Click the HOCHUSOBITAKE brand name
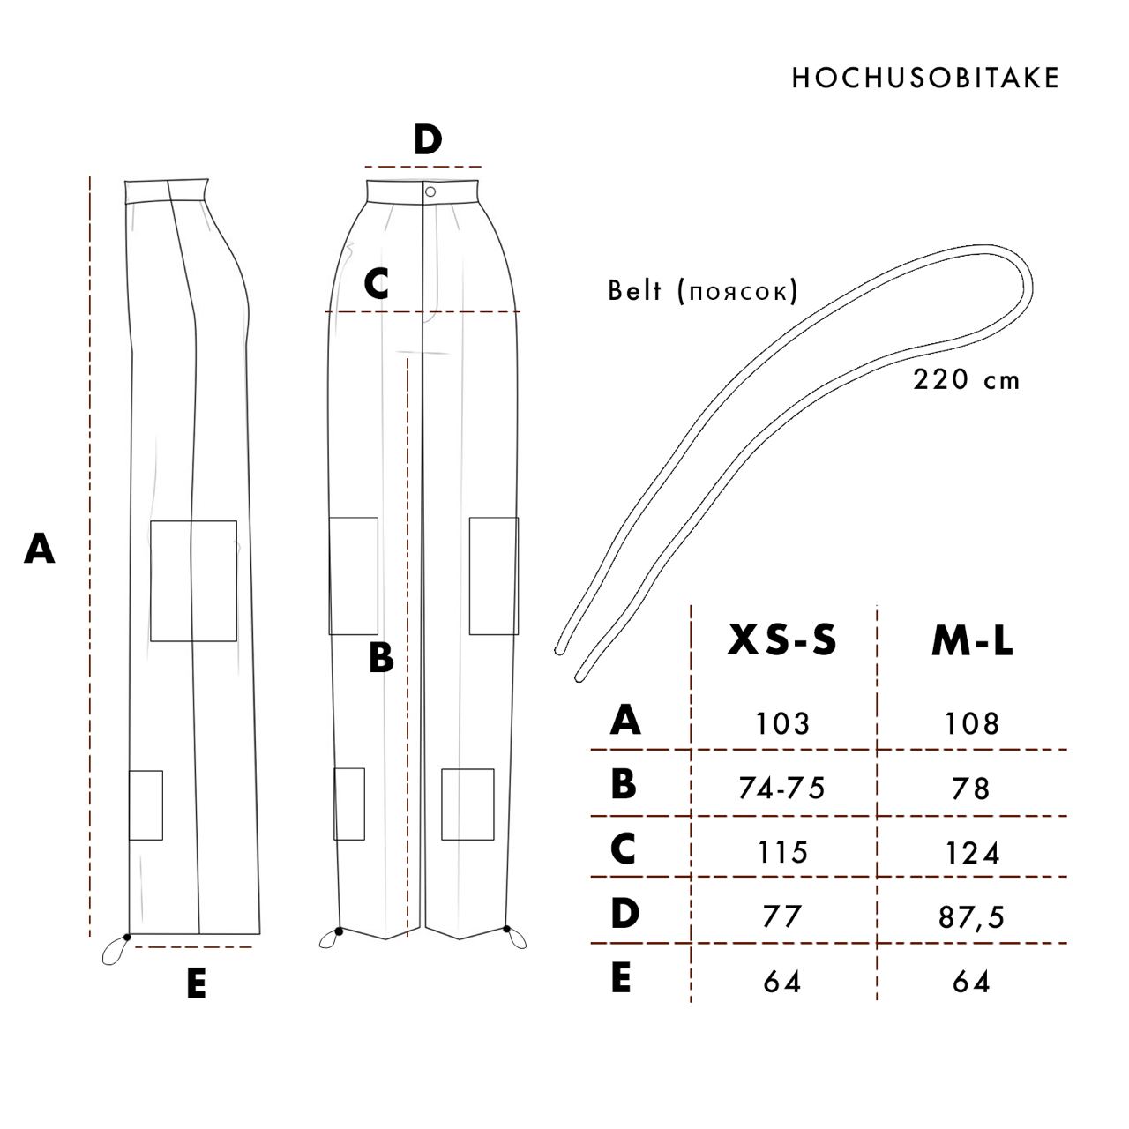pos(925,78)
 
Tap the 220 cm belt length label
pos(966,379)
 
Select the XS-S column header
pos(781,639)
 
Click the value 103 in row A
pos(782,723)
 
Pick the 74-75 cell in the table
pos(781,788)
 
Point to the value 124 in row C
pos(972,853)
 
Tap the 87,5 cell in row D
pos(971,917)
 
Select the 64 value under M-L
pos(971,982)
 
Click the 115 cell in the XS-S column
pos(782,852)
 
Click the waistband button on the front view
pos(430,191)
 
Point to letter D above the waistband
pos(428,140)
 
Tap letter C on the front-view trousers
pos(376,284)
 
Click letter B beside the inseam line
pos(381,657)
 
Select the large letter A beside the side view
pos(40,549)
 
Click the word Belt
pos(635,290)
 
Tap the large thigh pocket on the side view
pos(193,580)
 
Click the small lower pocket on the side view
pos(146,805)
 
